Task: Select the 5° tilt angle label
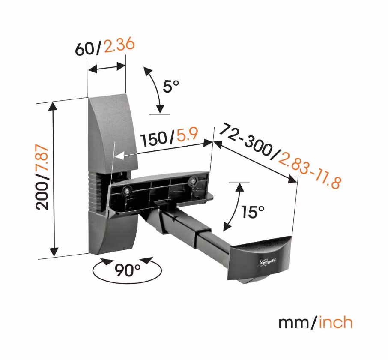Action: pyautogui.click(x=171, y=87)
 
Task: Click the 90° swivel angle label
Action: pyautogui.click(x=128, y=270)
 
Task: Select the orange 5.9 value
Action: pyautogui.click(x=187, y=136)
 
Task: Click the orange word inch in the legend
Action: pyautogui.click(x=335, y=322)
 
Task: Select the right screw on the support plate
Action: pyautogui.click(x=194, y=181)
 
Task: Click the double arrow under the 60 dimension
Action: pyautogui.click(x=106, y=68)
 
